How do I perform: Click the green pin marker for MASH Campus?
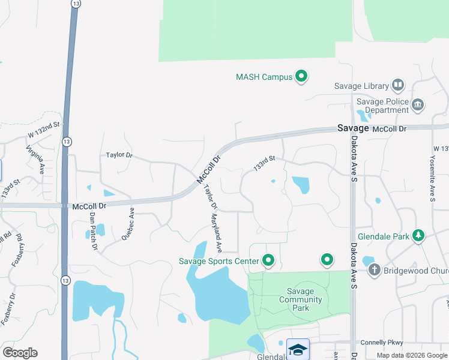click(x=301, y=76)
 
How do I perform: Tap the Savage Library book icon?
click(x=398, y=85)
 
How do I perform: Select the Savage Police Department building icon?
click(x=418, y=106)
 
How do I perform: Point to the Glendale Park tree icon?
click(x=418, y=236)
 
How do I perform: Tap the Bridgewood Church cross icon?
click(x=374, y=271)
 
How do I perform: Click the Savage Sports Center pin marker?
click(x=268, y=260)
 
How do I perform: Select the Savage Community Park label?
click(x=301, y=299)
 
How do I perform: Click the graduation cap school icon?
click(x=298, y=349)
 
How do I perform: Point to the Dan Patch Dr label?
click(x=93, y=230)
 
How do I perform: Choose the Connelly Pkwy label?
click(x=384, y=343)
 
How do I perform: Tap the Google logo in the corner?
click(x=20, y=352)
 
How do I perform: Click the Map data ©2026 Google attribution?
click(x=412, y=355)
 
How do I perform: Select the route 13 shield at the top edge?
click(x=75, y=4)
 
